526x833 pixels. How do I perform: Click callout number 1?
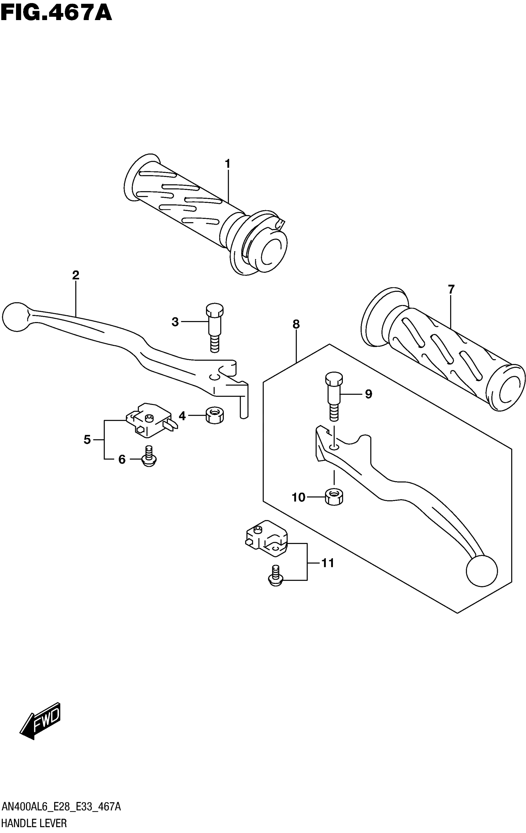[x=227, y=164]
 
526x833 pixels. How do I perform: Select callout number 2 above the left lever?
[x=75, y=275]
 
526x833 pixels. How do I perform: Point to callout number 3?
[x=175, y=322]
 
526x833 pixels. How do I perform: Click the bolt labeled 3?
[x=215, y=327]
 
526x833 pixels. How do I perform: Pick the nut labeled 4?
[x=215, y=415]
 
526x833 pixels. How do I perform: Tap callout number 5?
[x=87, y=440]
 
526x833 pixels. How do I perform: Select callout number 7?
[x=451, y=289]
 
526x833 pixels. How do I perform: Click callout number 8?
[x=296, y=325]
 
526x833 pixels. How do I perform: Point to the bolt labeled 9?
[x=334, y=396]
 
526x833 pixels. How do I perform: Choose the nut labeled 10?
[x=334, y=497]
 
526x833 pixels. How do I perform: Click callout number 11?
[x=328, y=563]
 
